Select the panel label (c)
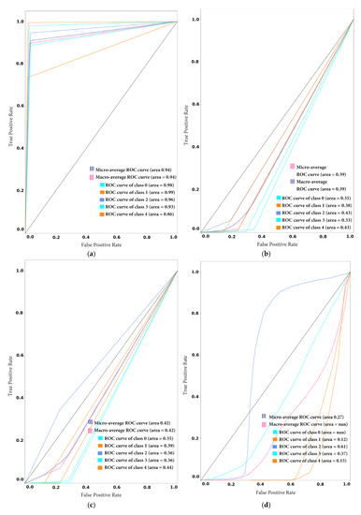[x=90, y=508]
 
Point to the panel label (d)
[x=269, y=508]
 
